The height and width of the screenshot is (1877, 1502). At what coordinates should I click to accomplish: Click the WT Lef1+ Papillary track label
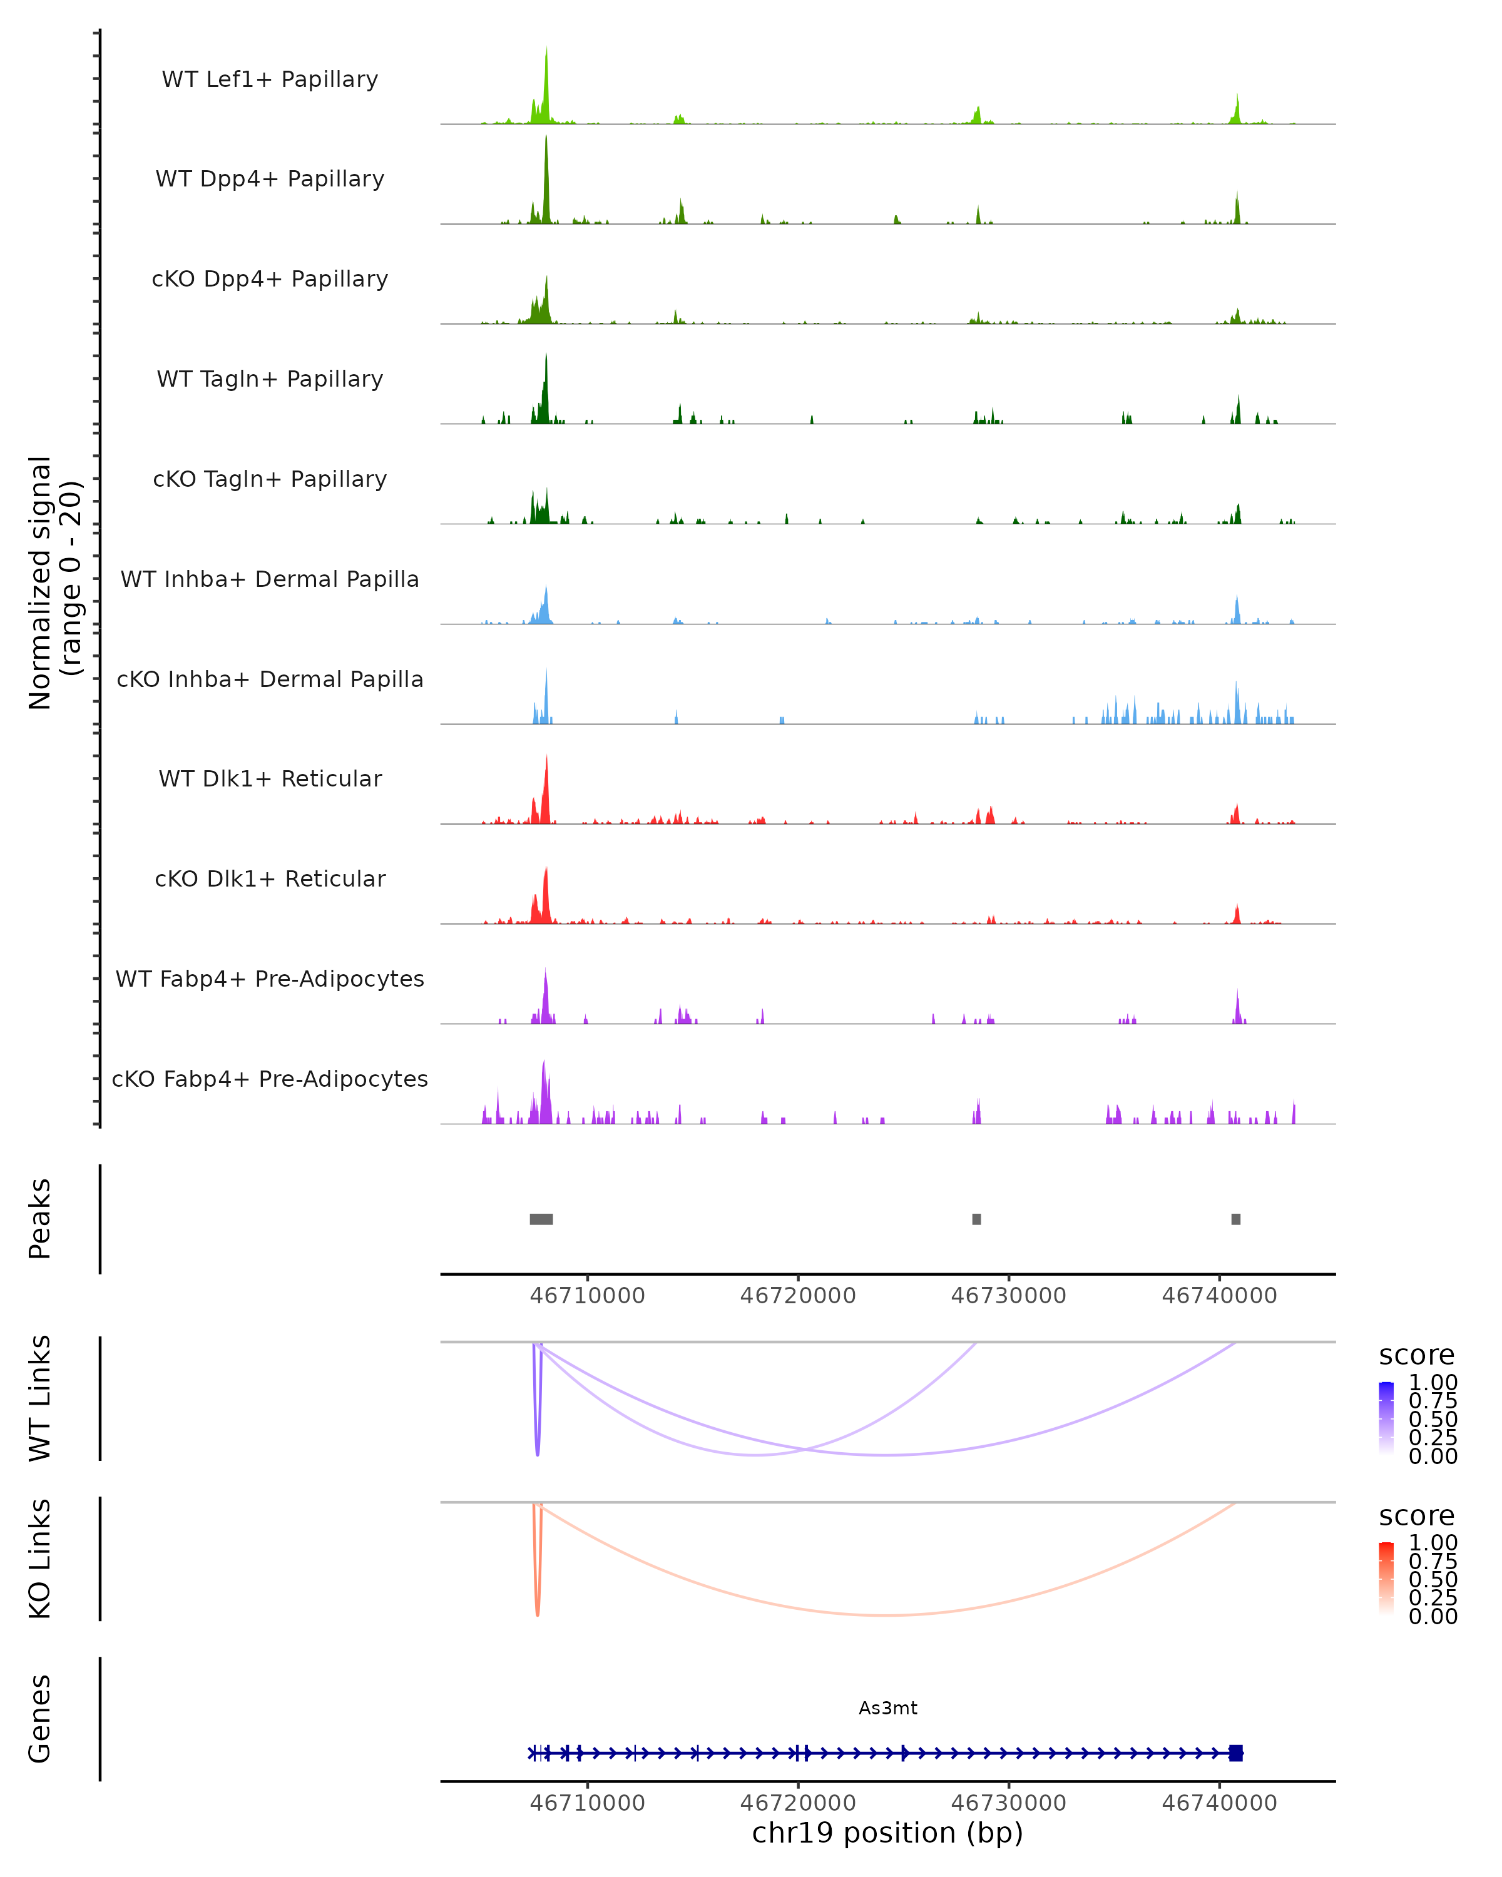[x=270, y=79]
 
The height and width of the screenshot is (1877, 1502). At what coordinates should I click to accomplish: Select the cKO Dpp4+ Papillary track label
[x=270, y=280]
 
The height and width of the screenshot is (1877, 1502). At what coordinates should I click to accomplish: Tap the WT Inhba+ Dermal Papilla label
[x=270, y=580]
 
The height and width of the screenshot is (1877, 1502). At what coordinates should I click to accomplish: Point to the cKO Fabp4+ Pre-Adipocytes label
[x=270, y=1079]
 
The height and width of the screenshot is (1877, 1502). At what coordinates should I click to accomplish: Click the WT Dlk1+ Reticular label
[x=270, y=779]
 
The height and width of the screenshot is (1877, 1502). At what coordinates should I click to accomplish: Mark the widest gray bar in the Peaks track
[x=541, y=1219]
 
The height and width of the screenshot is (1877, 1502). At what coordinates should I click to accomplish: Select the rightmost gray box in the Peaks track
[x=1235, y=1219]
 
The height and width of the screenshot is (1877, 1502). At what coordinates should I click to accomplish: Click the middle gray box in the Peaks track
[x=976, y=1219]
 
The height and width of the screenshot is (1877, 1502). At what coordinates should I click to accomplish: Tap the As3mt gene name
[x=887, y=1708]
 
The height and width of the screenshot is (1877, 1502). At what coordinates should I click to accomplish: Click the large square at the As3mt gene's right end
[x=1235, y=1753]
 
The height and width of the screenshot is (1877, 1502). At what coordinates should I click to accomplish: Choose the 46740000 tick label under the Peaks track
[x=1219, y=1296]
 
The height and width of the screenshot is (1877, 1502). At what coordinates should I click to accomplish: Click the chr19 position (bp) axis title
[x=887, y=1833]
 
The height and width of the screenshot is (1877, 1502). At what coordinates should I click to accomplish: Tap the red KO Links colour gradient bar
[x=1386, y=1579]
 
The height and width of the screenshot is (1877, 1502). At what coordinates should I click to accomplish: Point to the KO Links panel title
[x=40, y=1559]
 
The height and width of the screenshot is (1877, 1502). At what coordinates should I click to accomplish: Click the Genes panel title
[x=40, y=1719]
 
